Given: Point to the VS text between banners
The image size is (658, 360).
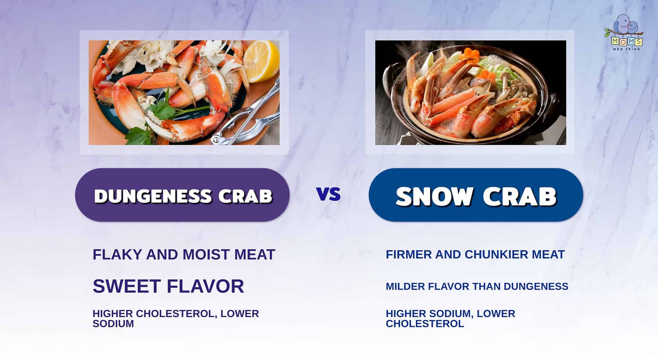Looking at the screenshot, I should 328,194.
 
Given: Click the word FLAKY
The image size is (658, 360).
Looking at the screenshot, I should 117,255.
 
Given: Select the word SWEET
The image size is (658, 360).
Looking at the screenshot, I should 127,286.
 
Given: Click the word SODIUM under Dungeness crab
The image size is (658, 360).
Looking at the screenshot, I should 113,324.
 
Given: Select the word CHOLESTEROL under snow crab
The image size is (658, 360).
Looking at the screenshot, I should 425,324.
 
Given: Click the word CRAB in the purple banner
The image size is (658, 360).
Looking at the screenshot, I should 245,195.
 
